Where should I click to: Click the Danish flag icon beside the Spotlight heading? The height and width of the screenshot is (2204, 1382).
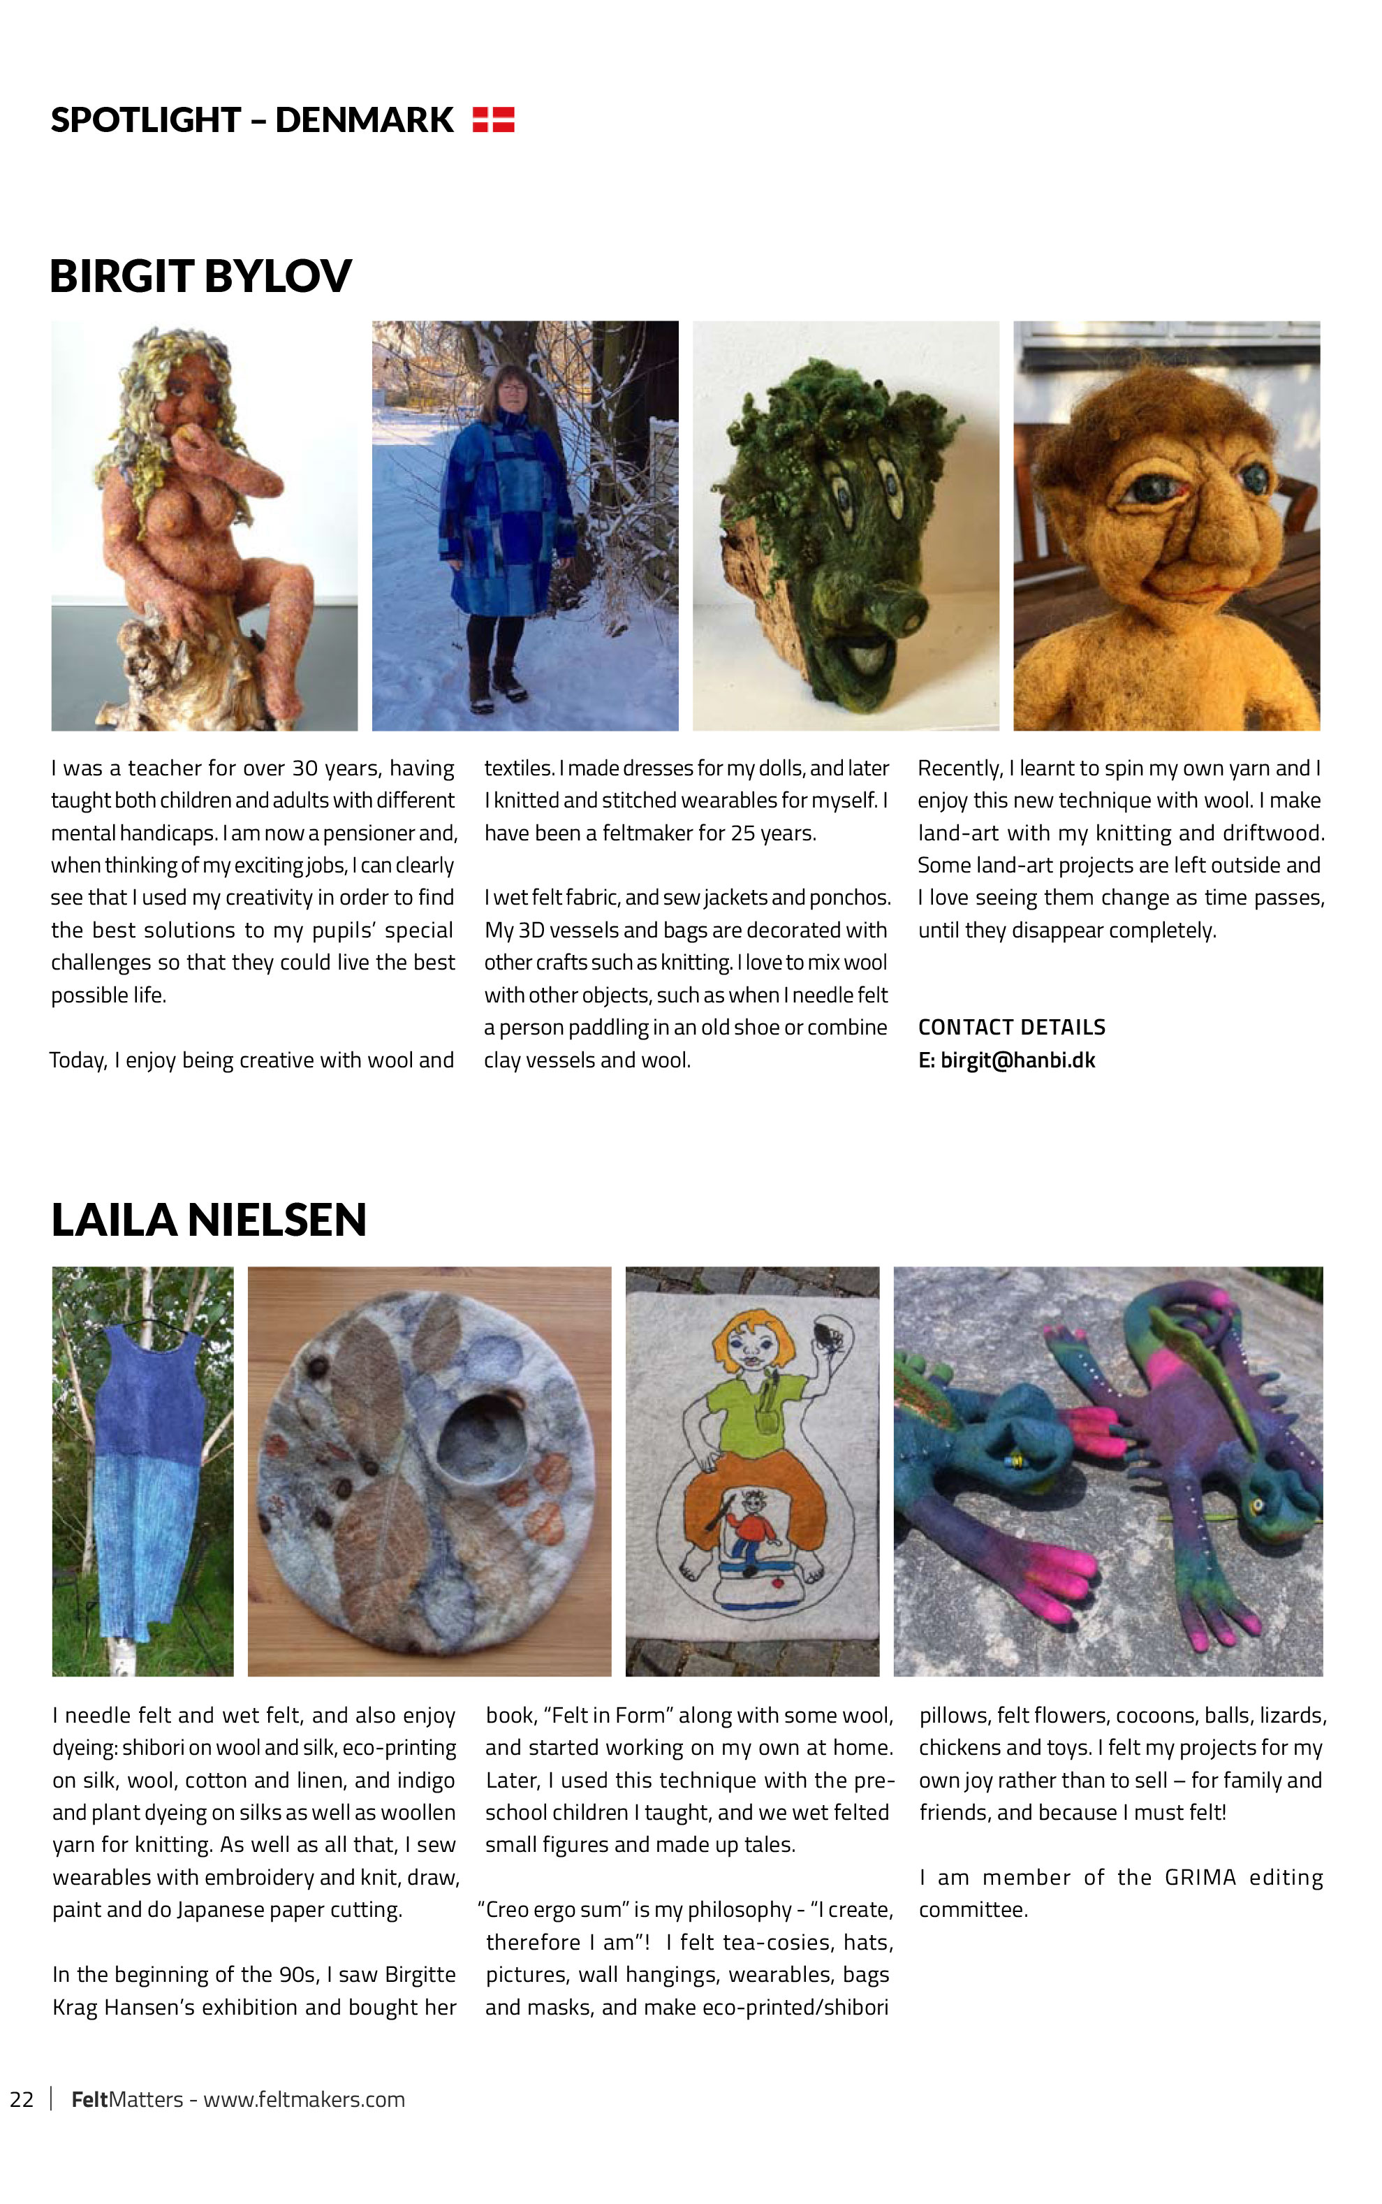coord(494,119)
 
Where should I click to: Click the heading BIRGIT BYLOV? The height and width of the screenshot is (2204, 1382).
coord(200,276)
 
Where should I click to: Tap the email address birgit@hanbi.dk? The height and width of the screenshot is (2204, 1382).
coord(1017,1060)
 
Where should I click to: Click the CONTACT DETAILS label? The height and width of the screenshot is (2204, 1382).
coord(1012,1028)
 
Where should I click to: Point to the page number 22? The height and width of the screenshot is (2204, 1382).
coord(22,2099)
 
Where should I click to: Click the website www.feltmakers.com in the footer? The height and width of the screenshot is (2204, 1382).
coord(304,2099)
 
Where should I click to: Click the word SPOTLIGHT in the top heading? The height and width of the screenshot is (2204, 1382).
coord(145,119)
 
